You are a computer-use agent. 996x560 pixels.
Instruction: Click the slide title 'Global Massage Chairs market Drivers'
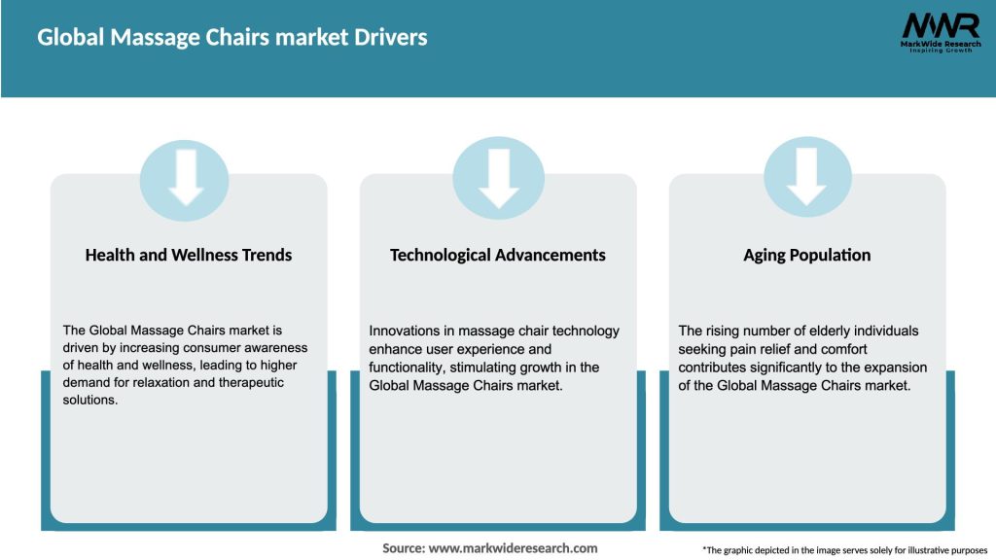click(x=231, y=38)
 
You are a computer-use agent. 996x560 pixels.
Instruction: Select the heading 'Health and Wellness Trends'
click(x=189, y=255)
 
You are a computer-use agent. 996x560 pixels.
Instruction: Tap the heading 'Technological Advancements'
click(x=497, y=255)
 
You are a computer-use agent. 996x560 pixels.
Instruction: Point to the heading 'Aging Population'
click(x=806, y=255)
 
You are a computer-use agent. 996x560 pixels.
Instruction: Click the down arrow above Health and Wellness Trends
click(x=185, y=177)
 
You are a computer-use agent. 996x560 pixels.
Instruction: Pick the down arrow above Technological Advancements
click(x=498, y=177)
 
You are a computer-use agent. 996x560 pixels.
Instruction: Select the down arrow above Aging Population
click(x=806, y=177)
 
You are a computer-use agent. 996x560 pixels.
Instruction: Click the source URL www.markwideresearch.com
click(x=513, y=548)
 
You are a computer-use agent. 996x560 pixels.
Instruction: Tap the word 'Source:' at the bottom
click(x=404, y=548)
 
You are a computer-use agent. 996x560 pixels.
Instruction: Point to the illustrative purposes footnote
click(x=844, y=550)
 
